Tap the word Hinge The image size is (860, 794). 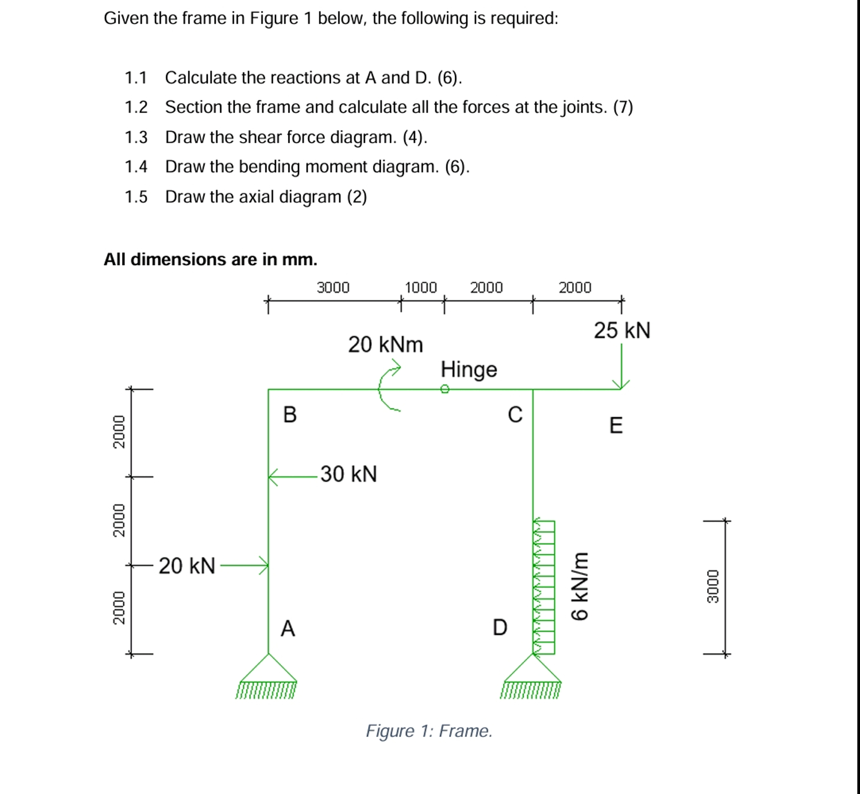click(469, 369)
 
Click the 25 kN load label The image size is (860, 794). click(622, 331)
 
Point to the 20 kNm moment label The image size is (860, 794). click(385, 345)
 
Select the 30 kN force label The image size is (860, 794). click(348, 474)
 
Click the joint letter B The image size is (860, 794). click(290, 415)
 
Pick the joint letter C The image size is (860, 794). click(515, 415)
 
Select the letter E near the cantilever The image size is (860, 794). click(616, 425)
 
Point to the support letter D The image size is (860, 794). click(500, 627)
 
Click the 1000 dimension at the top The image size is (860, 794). click(421, 287)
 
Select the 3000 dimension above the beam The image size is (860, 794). click(333, 287)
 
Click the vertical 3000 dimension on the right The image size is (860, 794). click(713, 587)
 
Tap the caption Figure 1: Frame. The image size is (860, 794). click(429, 731)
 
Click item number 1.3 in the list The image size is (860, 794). click(136, 137)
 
